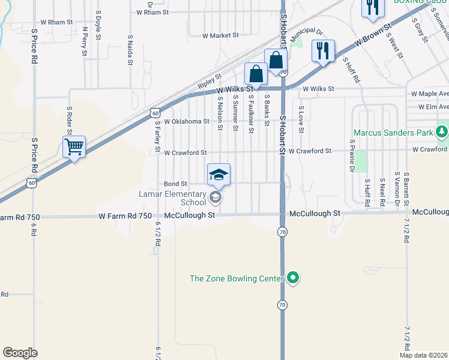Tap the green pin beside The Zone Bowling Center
click(x=293, y=278)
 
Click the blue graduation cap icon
click(x=218, y=174)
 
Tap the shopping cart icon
click(x=74, y=146)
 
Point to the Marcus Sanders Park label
click(x=393, y=132)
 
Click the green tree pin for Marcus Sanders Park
click(x=442, y=131)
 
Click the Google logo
click(x=20, y=353)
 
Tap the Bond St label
click(x=176, y=184)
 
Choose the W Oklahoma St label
click(x=182, y=121)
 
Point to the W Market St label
click(x=221, y=35)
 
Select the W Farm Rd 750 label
click(x=125, y=215)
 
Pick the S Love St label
click(x=302, y=119)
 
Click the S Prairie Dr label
click(x=352, y=156)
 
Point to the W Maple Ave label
click(x=430, y=94)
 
